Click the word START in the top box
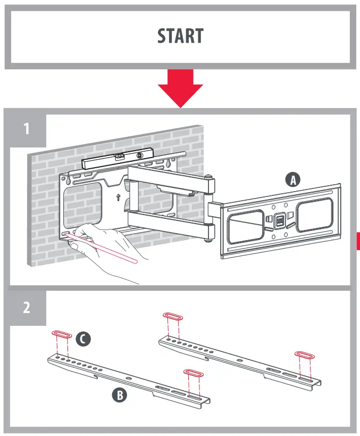coord(180,36)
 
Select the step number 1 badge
coord(26,129)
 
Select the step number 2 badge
coord(26,308)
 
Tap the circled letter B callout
coord(119,395)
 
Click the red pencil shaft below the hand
coord(112,250)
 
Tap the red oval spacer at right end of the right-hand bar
coord(305,355)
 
